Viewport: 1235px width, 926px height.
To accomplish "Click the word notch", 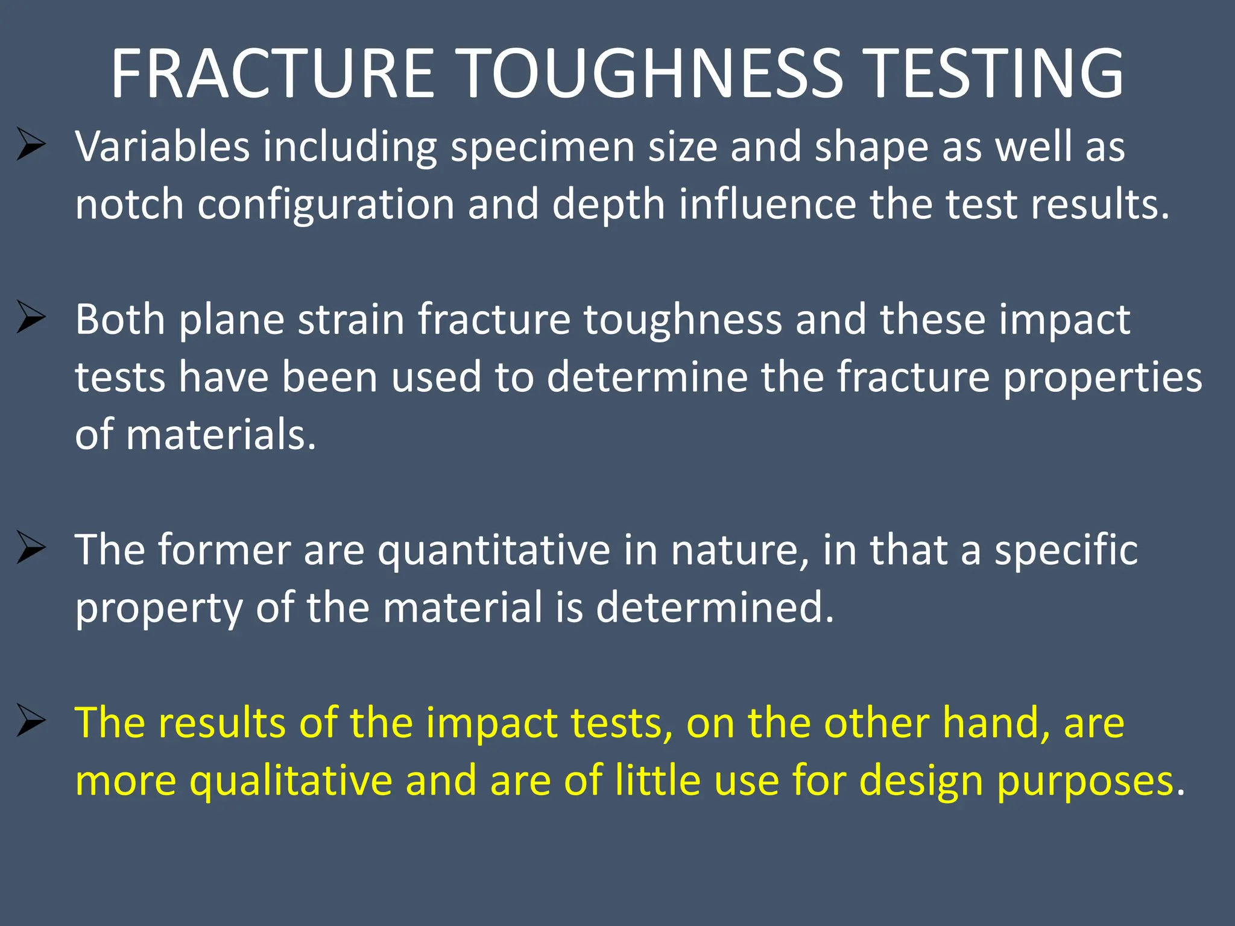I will click(x=129, y=204).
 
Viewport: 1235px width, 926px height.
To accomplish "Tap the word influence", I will click(x=767, y=204).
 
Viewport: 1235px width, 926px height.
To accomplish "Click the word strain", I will click(x=351, y=320).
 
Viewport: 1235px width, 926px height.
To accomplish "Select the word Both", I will click(x=120, y=320).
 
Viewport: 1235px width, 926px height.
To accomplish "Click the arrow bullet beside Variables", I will click(x=31, y=145).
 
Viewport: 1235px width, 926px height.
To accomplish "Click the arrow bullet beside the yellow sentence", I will click(x=31, y=720).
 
